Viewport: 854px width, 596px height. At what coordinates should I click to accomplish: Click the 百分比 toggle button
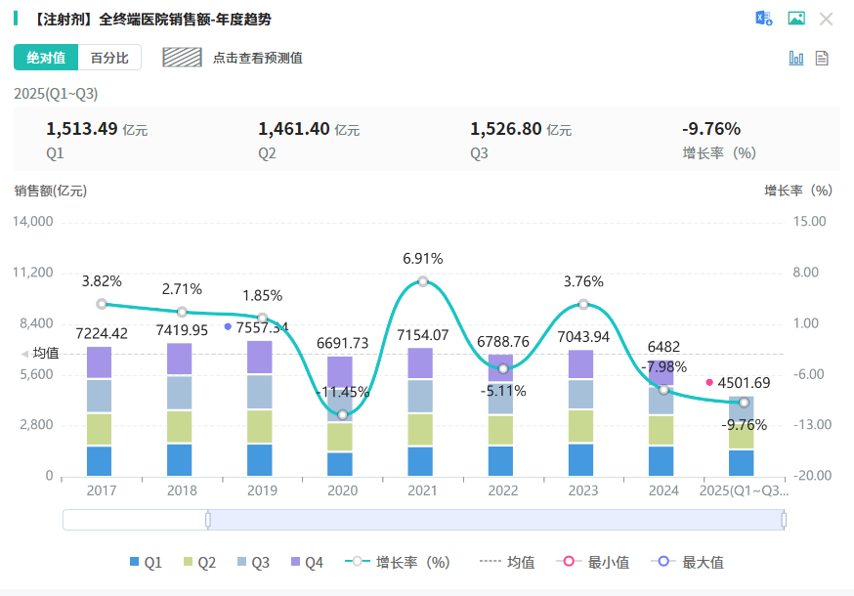click(109, 58)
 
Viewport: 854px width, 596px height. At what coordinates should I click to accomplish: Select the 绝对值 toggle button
click(46, 58)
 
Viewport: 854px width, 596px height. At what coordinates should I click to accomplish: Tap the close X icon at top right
click(826, 19)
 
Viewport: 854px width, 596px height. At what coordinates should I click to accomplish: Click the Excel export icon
click(763, 19)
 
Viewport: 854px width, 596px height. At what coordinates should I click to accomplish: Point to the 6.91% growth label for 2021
click(422, 259)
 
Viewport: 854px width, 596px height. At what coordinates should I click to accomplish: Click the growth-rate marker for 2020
click(342, 414)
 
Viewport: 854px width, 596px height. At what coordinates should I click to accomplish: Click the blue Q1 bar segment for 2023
click(582, 459)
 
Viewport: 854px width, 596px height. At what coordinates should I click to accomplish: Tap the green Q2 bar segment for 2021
click(422, 430)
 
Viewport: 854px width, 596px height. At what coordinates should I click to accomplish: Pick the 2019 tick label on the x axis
click(262, 490)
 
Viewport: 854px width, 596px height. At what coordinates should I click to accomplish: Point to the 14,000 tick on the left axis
click(33, 222)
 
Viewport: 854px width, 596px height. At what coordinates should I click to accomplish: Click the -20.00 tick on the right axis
click(811, 476)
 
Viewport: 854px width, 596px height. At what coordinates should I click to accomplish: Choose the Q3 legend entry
click(253, 562)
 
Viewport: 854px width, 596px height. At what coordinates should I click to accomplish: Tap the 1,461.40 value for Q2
click(293, 129)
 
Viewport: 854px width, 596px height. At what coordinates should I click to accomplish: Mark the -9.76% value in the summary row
click(710, 129)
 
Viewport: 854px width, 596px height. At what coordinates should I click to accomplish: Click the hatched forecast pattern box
click(182, 58)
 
